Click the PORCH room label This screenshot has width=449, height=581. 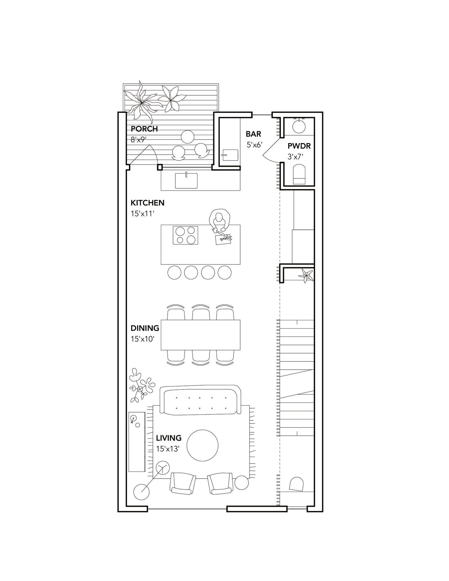point(144,129)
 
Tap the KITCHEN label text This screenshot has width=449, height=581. point(147,203)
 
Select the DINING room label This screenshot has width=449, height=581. point(145,328)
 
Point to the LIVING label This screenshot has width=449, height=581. point(169,438)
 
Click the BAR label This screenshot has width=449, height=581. point(253,134)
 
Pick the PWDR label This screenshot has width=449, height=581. point(299,146)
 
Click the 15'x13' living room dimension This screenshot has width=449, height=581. point(168,449)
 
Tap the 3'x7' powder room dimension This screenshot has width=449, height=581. point(296,157)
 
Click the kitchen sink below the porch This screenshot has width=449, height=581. point(186,180)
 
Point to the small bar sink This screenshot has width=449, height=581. point(230,155)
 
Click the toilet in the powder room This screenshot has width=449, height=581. point(300,174)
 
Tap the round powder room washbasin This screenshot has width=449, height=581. point(299,127)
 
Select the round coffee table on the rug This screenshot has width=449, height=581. point(203,445)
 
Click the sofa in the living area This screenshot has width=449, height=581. point(201,400)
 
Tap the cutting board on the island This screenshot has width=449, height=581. point(224,239)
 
